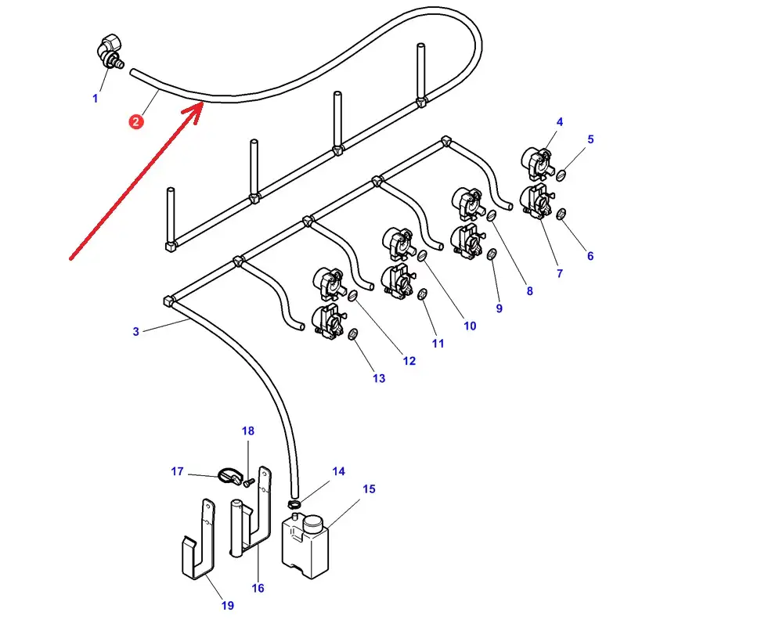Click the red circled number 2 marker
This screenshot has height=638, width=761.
[137, 121]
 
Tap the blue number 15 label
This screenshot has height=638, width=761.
[369, 489]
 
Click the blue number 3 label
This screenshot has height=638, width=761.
[136, 332]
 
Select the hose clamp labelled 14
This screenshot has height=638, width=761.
[294, 503]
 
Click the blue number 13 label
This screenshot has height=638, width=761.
[379, 379]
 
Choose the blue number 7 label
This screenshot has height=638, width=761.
[559, 274]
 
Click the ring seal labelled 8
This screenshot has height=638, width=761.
[492, 215]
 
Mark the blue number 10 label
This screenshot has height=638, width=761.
[470, 326]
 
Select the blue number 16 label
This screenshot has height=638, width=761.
[258, 588]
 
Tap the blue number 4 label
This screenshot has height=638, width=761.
[560, 122]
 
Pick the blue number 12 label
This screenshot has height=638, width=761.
[409, 361]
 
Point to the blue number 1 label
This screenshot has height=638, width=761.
[96, 99]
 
